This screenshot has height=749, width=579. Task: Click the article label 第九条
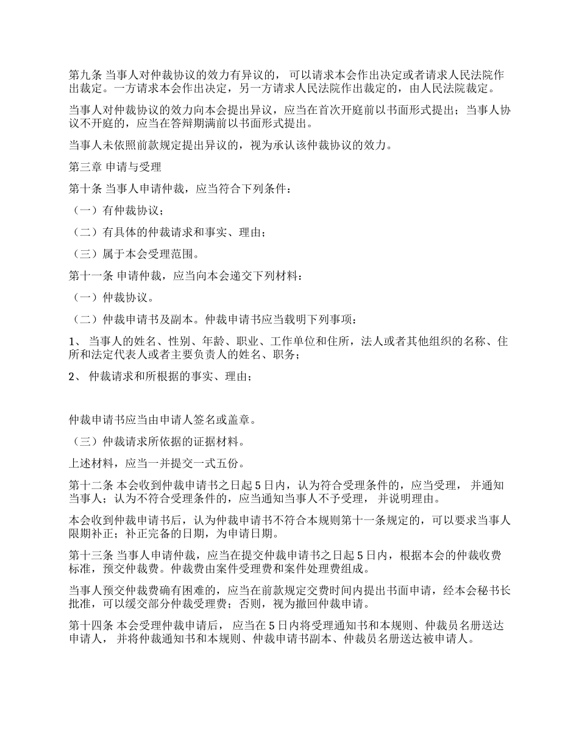coord(83,75)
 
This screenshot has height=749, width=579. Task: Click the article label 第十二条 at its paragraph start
coord(88,485)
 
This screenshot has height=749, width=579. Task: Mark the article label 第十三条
coord(88,555)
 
